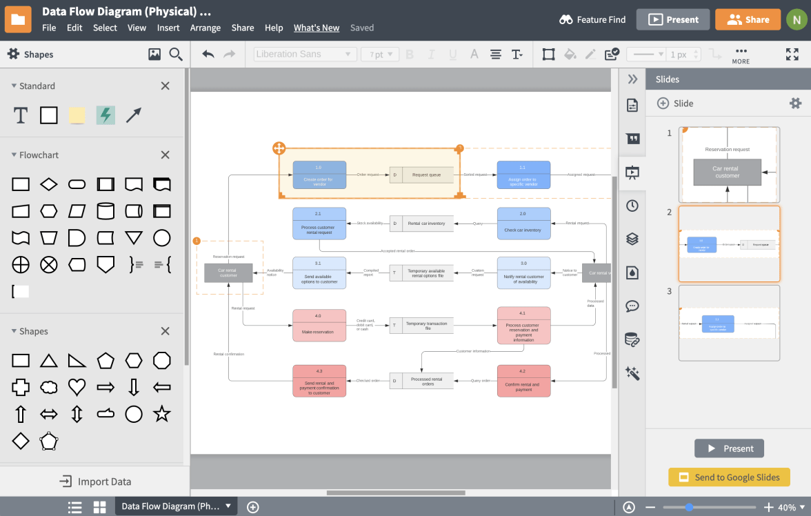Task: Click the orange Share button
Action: (x=748, y=19)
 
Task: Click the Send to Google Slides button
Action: (x=729, y=477)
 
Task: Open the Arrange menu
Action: (x=206, y=28)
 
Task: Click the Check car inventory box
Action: (x=523, y=224)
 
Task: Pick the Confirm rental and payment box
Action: (x=523, y=381)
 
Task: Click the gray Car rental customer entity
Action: (x=228, y=273)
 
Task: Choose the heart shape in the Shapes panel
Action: (x=77, y=387)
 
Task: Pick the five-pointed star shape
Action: (x=161, y=414)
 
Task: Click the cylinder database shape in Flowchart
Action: (x=106, y=211)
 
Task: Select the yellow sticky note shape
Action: (x=77, y=115)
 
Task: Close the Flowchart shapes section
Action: (x=165, y=155)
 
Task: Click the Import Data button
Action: (x=95, y=482)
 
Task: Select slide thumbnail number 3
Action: (x=729, y=323)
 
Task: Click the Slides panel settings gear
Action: (x=795, y=103)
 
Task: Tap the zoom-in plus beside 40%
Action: (x=769, y=508)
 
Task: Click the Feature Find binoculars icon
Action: (x=566, y=19)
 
